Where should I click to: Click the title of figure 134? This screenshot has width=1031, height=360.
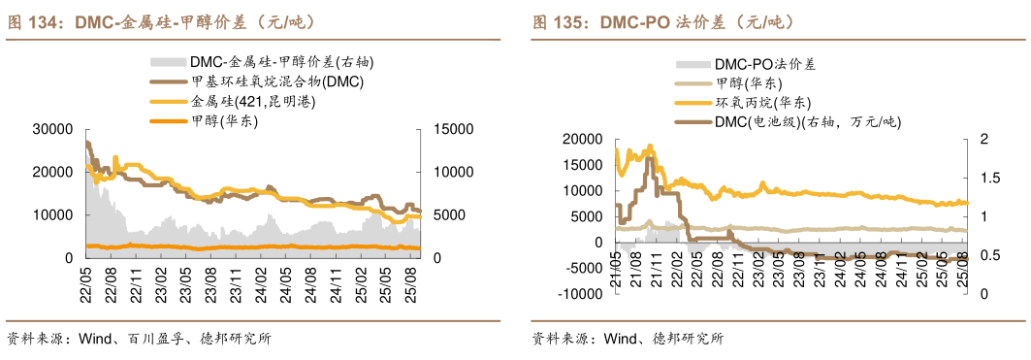click(x=161, y=20)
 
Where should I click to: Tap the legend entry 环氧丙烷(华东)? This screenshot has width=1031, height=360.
click(x=761, y=102)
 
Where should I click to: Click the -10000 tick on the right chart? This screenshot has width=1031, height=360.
click(x=578, y=294)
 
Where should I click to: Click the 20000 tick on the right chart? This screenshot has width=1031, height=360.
click(x=582, y=140)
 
